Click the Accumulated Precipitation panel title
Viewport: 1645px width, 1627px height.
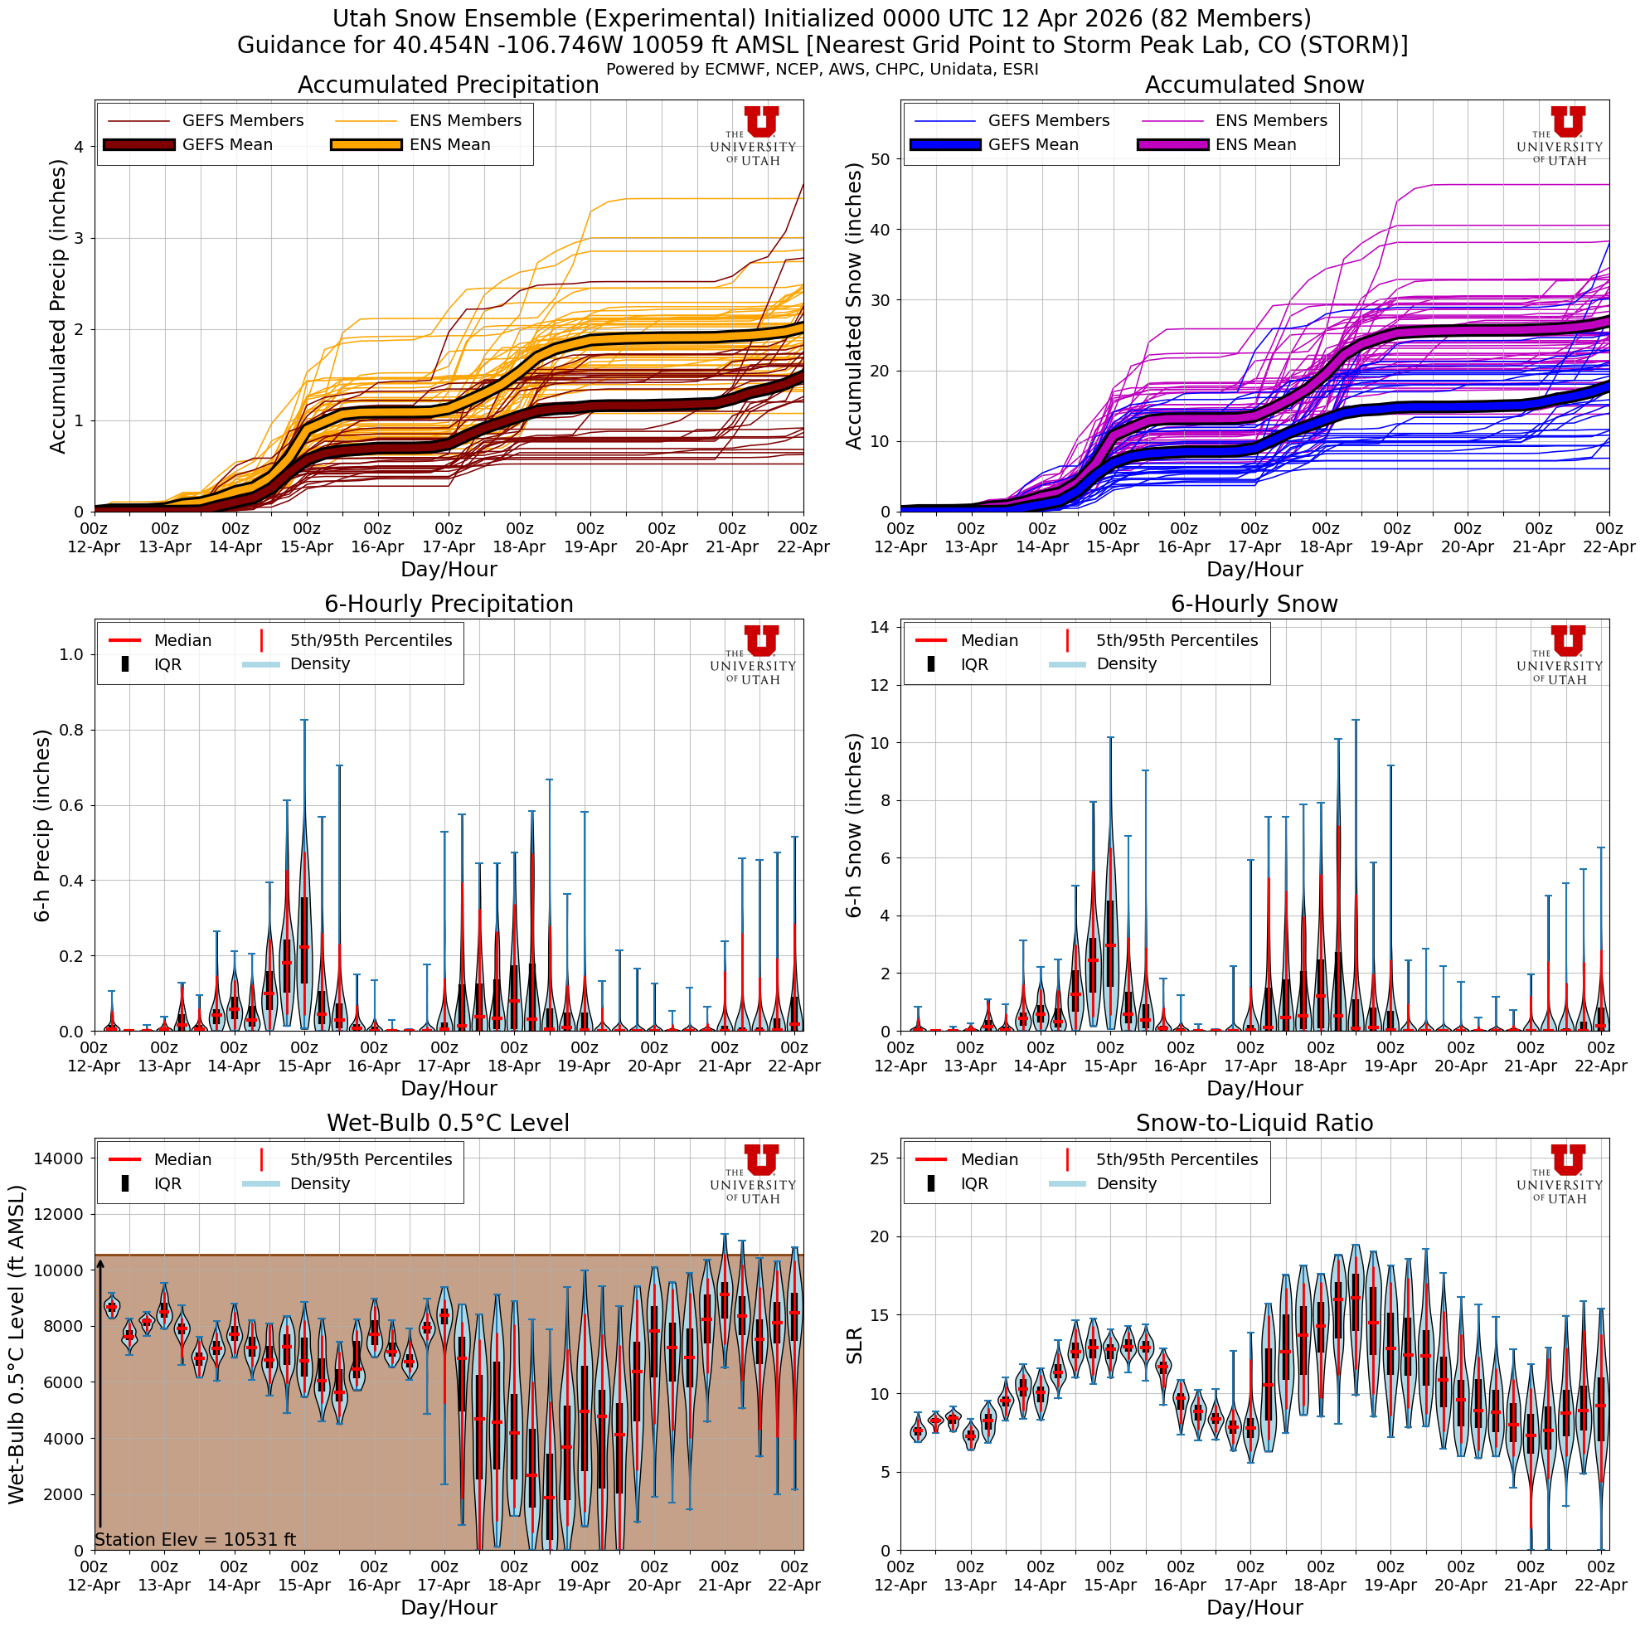pyautogui.click(x=448, y=85)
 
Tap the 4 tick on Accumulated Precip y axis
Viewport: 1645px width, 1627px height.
pyautogui.click(x=80, y=148)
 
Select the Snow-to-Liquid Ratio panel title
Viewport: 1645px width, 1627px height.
pyautogui.click(x=1254, y=1123)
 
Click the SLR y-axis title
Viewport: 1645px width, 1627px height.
pyautogui.click(x=854, y=1345)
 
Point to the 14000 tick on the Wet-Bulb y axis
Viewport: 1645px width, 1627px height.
pyautogui.click(x=59, y=1158)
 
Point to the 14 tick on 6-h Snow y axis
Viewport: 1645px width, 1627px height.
pyautogui.click(x=881, y=628)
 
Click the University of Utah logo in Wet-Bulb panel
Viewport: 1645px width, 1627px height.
pyautogui.click(x=753, y=1173)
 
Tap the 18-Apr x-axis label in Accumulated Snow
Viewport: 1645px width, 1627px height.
pyautogui.click(x=1325, y=546)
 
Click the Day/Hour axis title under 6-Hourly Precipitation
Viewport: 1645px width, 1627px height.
pyautogui.click(x=448, y=1088)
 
